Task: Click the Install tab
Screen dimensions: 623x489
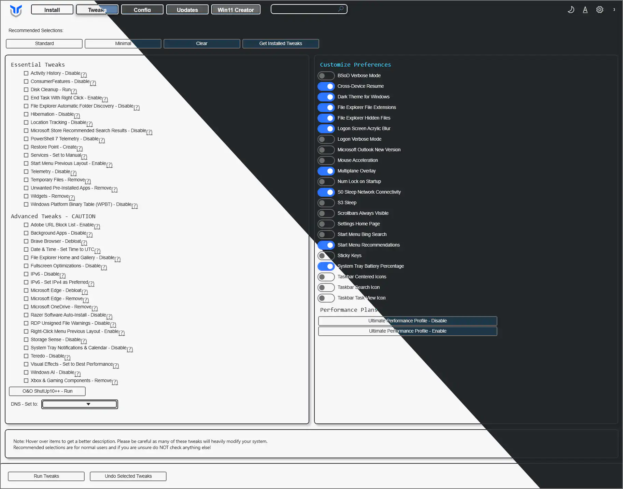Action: coord(52,10)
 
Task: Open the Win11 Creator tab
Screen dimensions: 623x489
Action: coord(236,10)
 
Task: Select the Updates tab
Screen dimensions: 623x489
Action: coord(187,10)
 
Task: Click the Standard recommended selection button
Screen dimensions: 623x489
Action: coord(44,44)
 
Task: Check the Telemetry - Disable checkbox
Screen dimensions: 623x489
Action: coord(26,172)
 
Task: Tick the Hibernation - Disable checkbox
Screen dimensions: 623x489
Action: coord(26,114)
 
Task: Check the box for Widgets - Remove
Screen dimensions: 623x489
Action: coord(26,196)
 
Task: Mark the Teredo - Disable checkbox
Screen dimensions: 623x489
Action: coord(26,356)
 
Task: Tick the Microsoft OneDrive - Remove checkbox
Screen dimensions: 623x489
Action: coord(26,307)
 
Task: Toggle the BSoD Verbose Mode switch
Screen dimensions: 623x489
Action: coord(326,76)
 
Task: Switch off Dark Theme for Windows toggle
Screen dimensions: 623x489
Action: coord(326,97)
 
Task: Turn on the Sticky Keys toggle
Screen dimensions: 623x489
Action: coord(326,256)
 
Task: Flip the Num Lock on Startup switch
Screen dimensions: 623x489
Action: coord(326,182)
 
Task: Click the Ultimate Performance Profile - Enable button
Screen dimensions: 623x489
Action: coord(408,331)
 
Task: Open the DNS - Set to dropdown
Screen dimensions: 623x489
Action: coord(80,404)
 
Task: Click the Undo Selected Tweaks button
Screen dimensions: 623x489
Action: coord(128,476)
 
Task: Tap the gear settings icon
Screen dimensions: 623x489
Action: coord(600,10)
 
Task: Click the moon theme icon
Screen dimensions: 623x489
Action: coord(571,10)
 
